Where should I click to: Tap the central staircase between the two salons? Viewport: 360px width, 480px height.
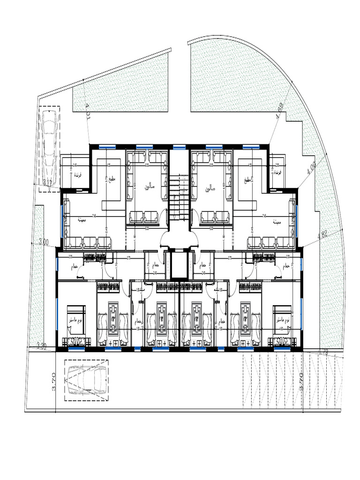click(179, 197)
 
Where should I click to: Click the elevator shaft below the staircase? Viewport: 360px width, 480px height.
click(179, 265)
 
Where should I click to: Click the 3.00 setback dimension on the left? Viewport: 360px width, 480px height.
click(44, 242)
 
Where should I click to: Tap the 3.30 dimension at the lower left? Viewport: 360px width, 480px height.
click(41, 346)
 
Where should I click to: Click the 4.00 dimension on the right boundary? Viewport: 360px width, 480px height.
click(311, 168)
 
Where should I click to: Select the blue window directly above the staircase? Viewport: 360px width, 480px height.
click(179, 147)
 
